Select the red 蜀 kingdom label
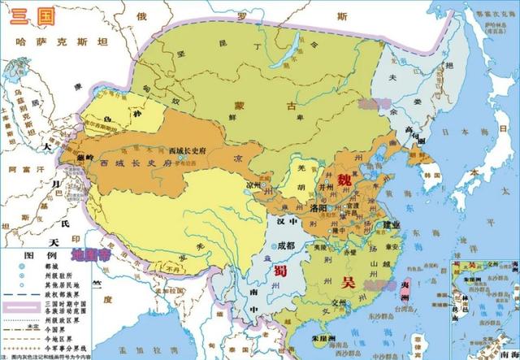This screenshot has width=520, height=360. [x=281, y=271]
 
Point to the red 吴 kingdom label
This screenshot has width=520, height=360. [x=349, y=282]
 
